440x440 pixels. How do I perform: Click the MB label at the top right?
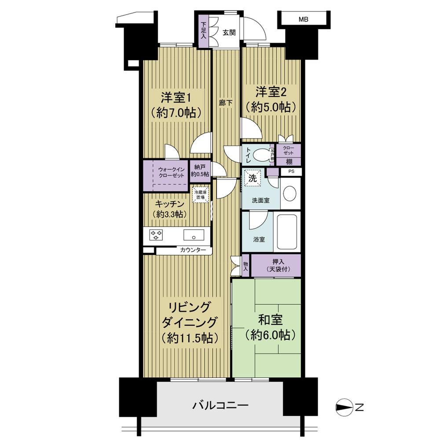point(303,19)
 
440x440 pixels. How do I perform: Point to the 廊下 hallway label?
point(226,103)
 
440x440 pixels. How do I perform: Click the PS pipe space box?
point(291,172)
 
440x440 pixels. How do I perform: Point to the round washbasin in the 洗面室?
point(290,193)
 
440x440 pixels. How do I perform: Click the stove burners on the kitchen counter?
point(157,235)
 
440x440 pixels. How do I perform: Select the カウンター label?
point(192,250)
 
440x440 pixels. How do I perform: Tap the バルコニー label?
point(220,405)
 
